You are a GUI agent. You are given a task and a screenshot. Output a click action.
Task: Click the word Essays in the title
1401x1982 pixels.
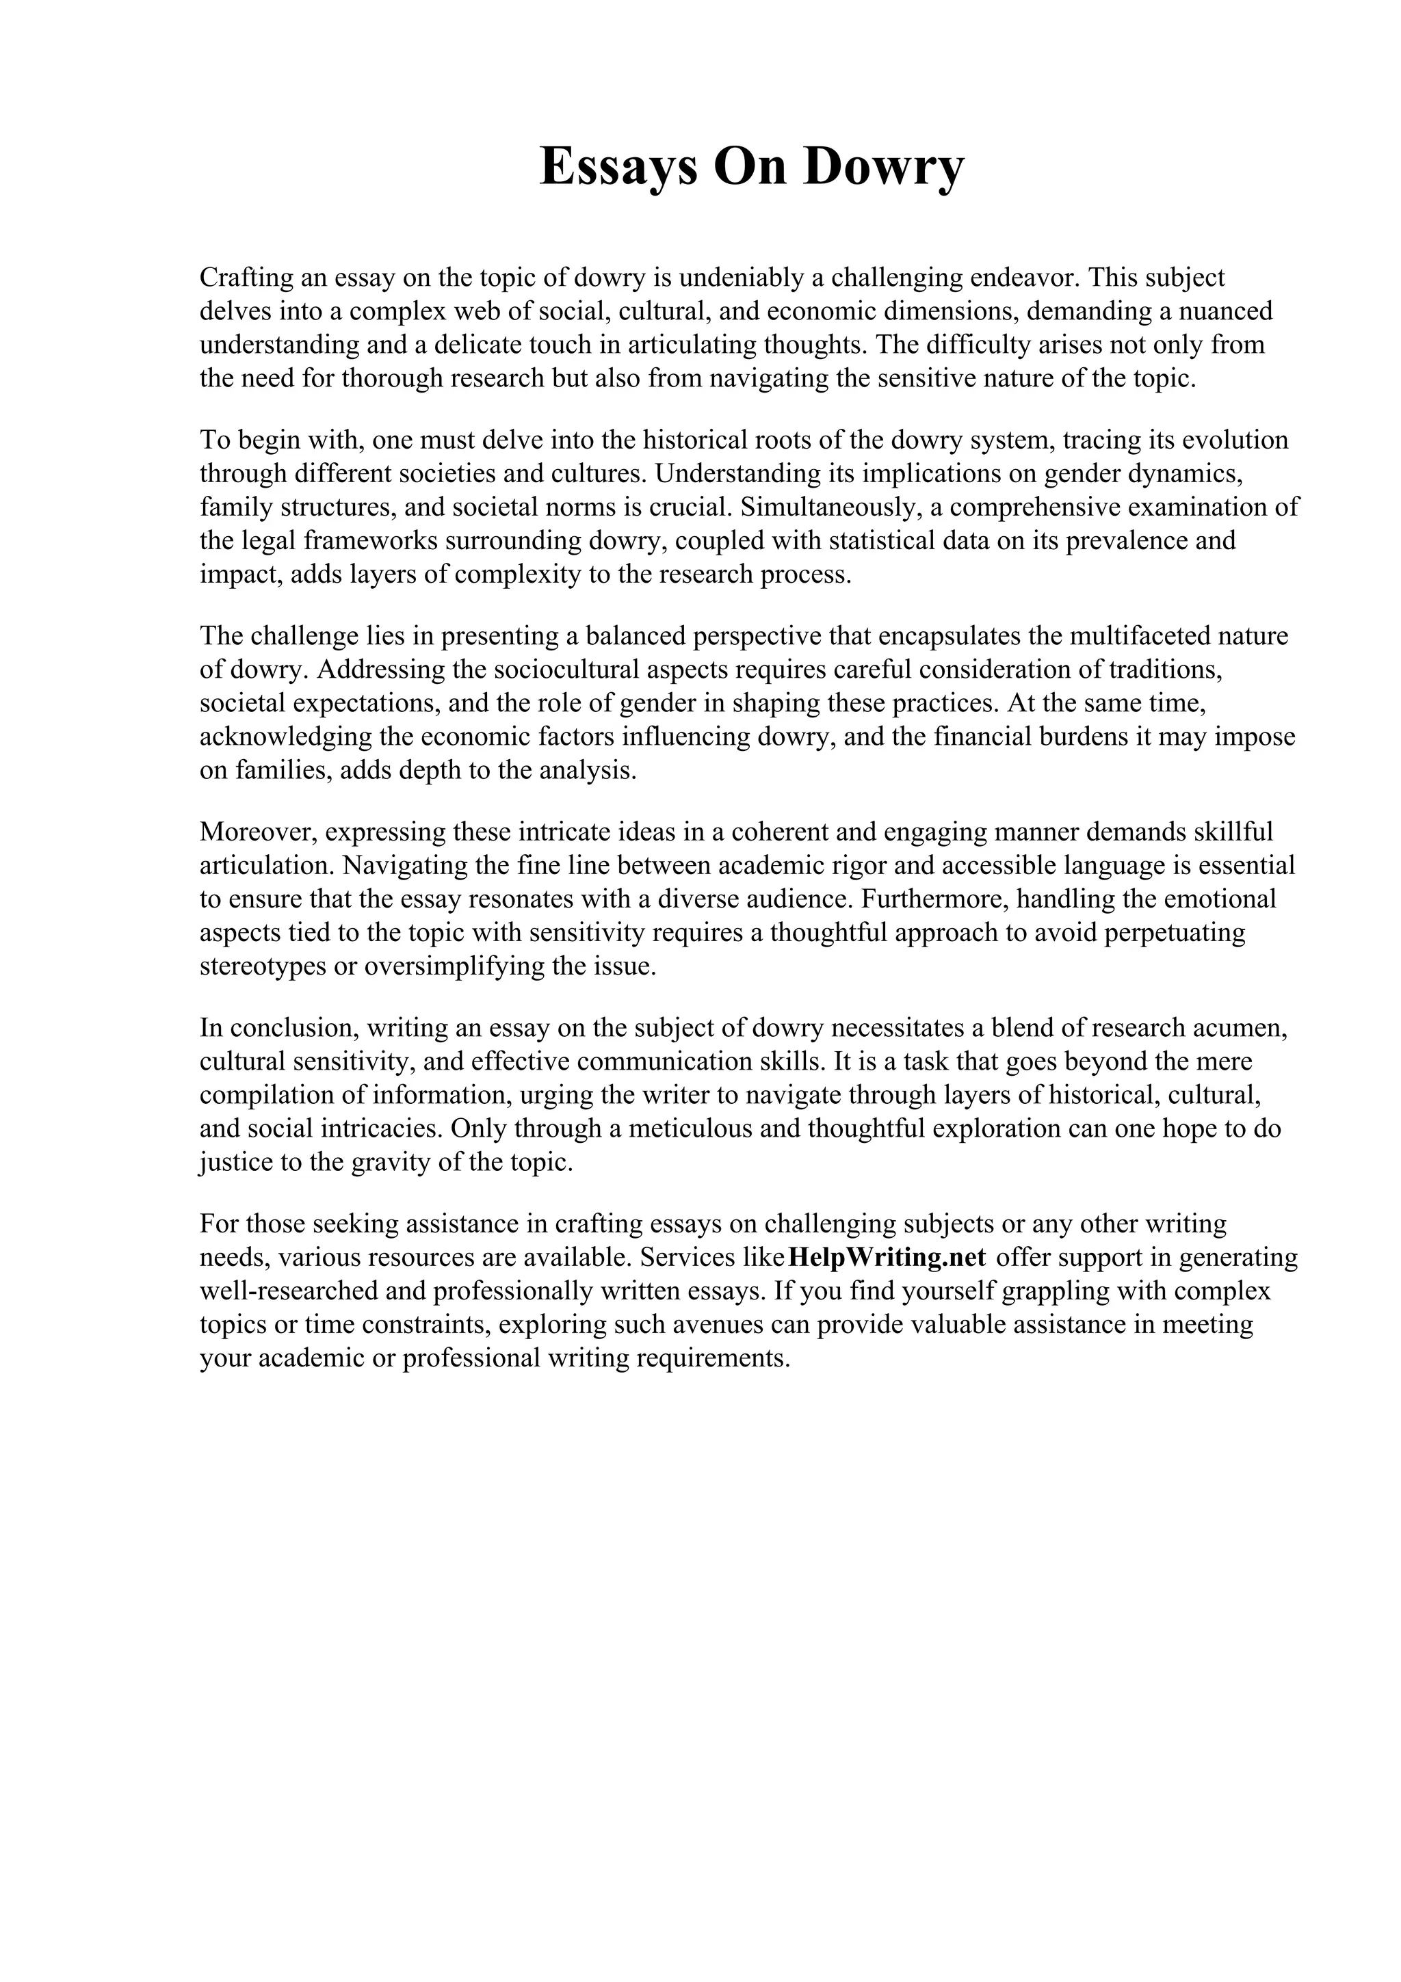tap(619, 167)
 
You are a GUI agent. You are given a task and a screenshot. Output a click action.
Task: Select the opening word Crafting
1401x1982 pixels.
tap(245, 278)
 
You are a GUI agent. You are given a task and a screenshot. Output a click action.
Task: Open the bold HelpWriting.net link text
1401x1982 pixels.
tap(887, 1258)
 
